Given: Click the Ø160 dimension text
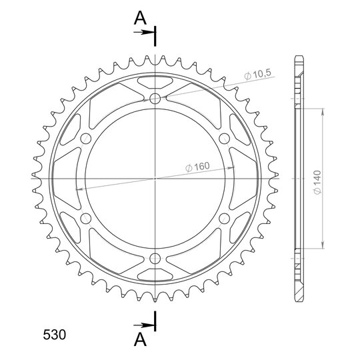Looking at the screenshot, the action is [197, 167].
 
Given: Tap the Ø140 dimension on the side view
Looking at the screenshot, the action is [317, 183].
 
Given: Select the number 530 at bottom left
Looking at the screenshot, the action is [55, 335].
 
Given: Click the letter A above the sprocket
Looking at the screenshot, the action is [140, 18].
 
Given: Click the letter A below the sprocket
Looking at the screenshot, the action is [140, 339].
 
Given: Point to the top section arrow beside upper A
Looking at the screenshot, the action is [143, 32].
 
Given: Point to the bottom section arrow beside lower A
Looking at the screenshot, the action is [143, 325].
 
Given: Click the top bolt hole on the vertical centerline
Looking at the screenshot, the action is [155, 99].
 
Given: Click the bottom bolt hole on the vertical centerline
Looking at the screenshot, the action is [155, 259].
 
